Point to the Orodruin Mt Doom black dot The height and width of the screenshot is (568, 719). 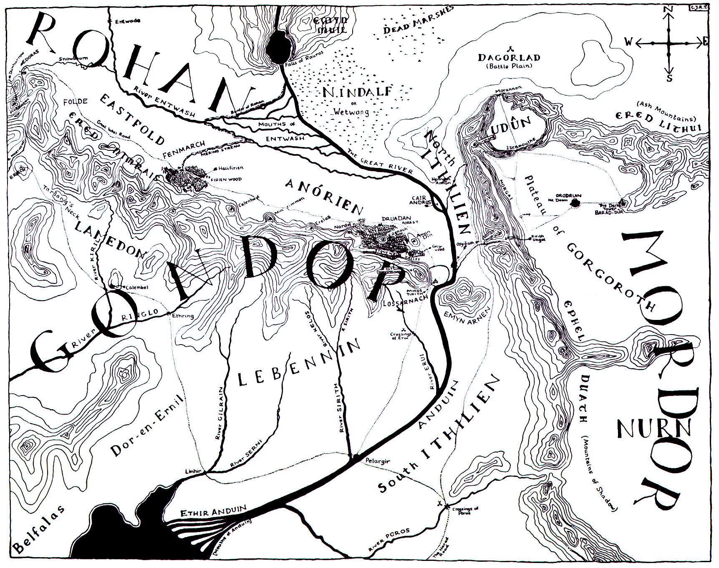tap(576, 203)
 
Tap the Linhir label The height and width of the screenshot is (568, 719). tap(193, 471)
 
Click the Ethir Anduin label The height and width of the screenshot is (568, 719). tap(213, 511)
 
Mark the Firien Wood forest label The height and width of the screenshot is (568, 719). tap(228, 180)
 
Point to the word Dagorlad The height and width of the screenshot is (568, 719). tap(509, 58)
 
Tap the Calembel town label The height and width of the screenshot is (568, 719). tap(137, 287)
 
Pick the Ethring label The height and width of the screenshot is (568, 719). tap(183, 316)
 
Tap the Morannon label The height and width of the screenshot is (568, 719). tap(506, 91)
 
